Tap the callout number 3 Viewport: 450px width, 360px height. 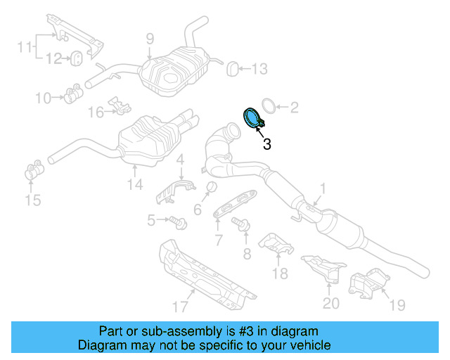[x=266, y=145]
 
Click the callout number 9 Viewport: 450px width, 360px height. [x=150, y=39]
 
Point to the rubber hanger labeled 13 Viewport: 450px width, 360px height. [x=230, y=68]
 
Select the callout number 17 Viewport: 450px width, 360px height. [x=180, y=306]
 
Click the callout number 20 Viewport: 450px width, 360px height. [x=330, y=303]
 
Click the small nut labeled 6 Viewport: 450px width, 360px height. [x=209, y=186]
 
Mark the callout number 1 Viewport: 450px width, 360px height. [x=323, y=188]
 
